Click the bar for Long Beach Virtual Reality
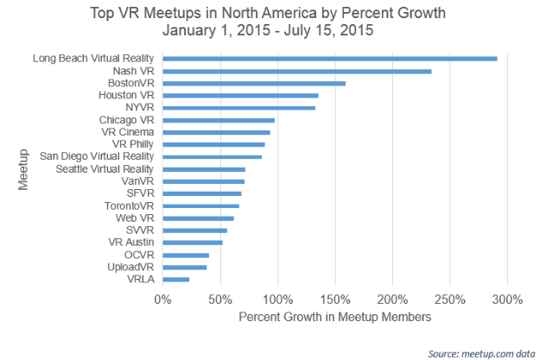(x=329, y=59)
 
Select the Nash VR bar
(x=296, y=71)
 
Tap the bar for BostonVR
(x=254, y=83)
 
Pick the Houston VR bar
(x=240, y=95)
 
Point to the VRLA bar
(x=175, y=279)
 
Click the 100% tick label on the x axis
(x=277, y=300)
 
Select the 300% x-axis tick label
(x=507, y=300)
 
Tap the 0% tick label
(x=162, y=300)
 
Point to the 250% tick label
(x=450, y=300)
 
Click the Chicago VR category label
(x=126, y=120)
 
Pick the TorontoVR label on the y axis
(x=128, y=205)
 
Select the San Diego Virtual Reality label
(x=97, y=156)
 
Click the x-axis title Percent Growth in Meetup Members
(x=334, y=317)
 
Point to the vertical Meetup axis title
(x=23, y=169)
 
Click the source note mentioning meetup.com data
(x=481, y=352)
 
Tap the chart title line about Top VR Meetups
(x=269, y=14)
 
